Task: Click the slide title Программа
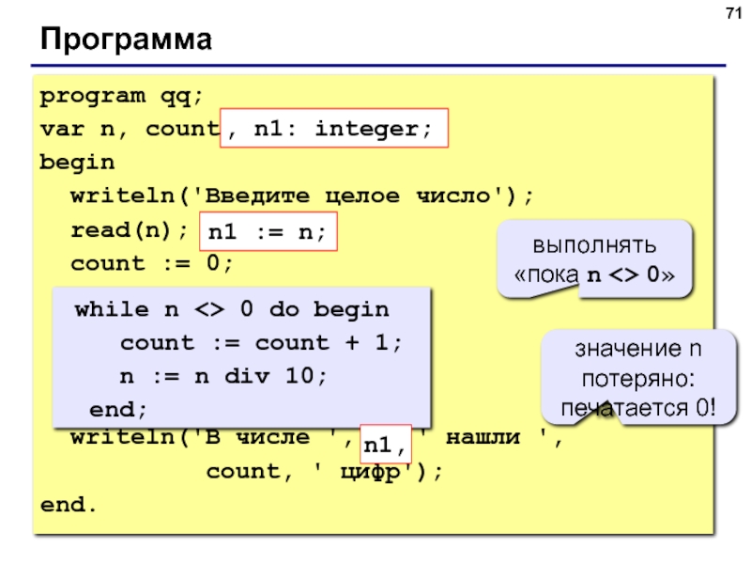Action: [126, 39]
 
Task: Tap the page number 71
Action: [733, 13]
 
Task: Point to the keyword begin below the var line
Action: [77, 163]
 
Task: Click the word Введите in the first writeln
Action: [257, 196]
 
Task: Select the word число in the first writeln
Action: [453, 196]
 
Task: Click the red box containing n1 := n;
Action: [268, 231]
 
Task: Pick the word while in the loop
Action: [112, 309]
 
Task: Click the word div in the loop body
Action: [247, 376]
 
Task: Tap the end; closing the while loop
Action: [118, 410]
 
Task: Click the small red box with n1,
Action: [386, 444]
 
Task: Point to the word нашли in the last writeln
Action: [483, 437]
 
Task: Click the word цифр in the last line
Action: [370, 472]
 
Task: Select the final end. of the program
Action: [69, 505]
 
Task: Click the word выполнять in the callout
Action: [594, 245]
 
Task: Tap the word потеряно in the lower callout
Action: [638, 380]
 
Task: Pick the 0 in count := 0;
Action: [213, 263]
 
